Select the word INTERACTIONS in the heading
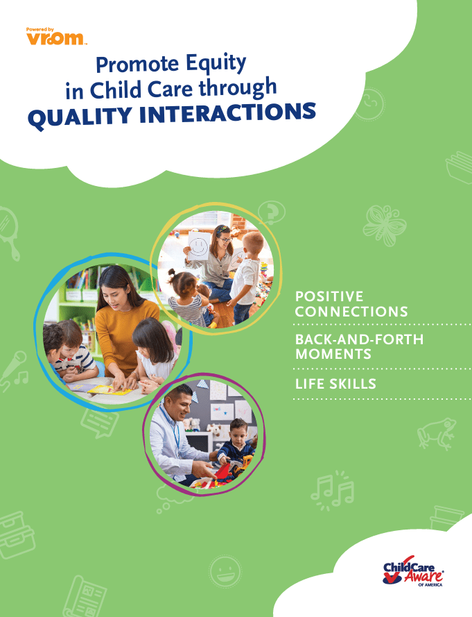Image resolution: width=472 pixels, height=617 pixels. coord(228,113)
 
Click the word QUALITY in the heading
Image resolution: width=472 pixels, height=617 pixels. coord(80,117)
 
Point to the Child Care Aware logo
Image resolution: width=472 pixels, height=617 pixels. coord(413,571)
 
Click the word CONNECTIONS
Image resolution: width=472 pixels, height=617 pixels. coord(351,312)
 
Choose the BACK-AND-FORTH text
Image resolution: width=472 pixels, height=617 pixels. coord(359,339)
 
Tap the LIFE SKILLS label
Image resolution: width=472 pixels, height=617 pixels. coord(335,384)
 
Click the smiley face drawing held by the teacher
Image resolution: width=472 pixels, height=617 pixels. coord(199,246)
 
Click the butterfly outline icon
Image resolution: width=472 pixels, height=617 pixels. coord(384,225)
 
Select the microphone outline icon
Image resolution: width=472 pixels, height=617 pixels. coord(15,371)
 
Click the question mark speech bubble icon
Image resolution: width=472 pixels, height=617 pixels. coord(271,212)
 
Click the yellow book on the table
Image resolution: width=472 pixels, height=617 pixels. coord(110,390)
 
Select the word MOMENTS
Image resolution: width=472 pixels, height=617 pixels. coord(333,354)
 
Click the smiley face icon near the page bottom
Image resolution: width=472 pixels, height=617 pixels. coord(225,571)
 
